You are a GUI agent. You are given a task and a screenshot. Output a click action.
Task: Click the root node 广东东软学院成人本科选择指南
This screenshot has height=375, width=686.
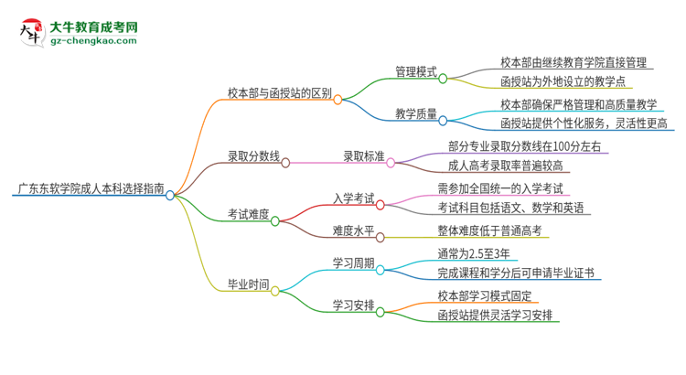click(x=91, y=190)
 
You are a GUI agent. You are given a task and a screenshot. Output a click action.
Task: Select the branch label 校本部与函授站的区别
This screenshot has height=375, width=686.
click(x=279, y=91)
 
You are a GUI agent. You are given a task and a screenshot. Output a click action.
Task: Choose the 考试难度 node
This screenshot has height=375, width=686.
click(x=248, y=215)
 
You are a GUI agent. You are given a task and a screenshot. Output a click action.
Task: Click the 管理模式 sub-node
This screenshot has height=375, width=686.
click(x=415, y=70)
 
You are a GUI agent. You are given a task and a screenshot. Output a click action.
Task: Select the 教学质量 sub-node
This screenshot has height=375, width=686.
click(x=415, y=114)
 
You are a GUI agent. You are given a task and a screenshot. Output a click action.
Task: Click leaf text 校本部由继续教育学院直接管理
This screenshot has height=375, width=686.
click(x=573, y=62)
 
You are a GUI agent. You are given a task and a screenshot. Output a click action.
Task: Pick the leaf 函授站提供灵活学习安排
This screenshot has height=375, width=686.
click(x=495, y=315)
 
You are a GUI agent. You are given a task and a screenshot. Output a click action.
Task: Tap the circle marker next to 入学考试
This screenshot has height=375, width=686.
click(x=380, y=205)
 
